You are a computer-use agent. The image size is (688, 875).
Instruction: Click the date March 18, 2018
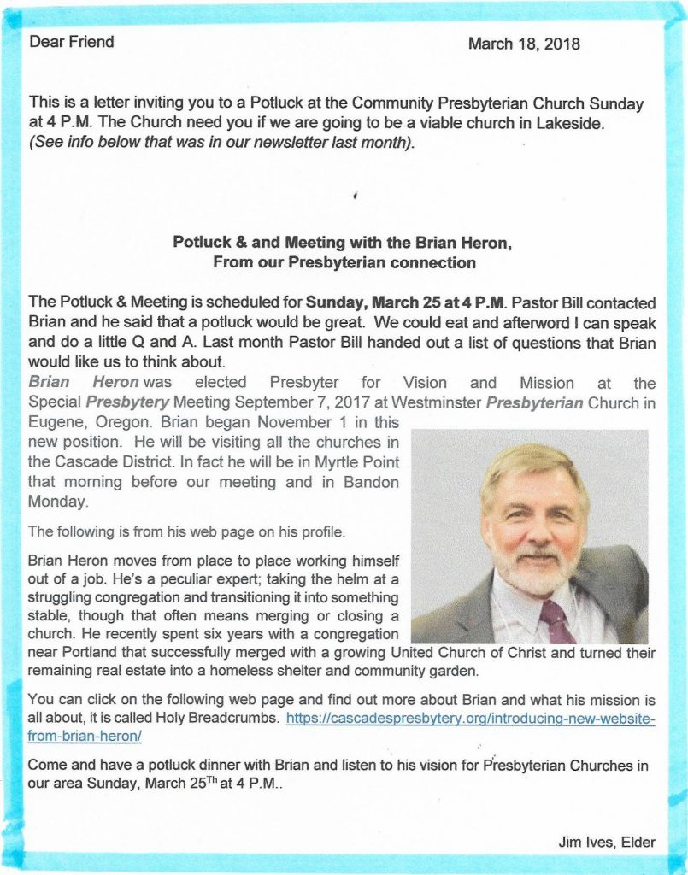click(x=524, y=44)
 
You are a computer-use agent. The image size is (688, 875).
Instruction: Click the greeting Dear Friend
click(x=72, y=41)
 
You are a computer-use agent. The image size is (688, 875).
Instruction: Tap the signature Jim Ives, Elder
click(x=607, y=843)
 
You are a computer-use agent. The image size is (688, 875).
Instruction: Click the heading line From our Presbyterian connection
click(x=344, y=262)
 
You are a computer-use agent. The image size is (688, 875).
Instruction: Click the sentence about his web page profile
click(x=187, y=531)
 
